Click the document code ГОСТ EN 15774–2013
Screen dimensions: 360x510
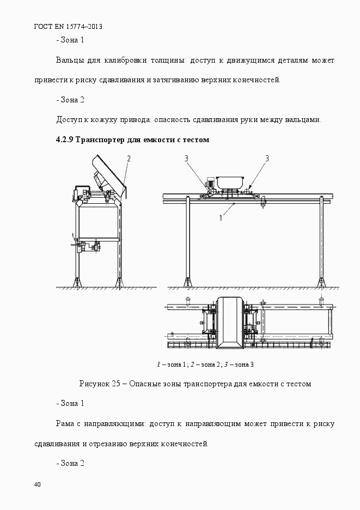tap(68, 27)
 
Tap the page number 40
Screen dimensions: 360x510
tap(38, 484)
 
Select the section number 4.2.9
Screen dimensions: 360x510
tap(65, 140)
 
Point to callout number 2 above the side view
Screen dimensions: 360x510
tap(129, 159)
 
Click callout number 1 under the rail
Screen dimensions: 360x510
tap(221, 218)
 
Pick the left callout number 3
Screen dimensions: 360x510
tap(186, 159)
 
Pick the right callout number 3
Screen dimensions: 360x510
tap(267, 159)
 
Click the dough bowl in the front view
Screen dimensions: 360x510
tap(230, 182)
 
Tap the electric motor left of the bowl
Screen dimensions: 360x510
tap(209, 185)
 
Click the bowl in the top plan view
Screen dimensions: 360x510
tap(229, 323)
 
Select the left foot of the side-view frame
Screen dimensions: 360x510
tap(77, 282)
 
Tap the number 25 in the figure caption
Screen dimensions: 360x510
tap(116, 384)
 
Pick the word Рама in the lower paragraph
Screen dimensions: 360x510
tap(65, 424)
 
